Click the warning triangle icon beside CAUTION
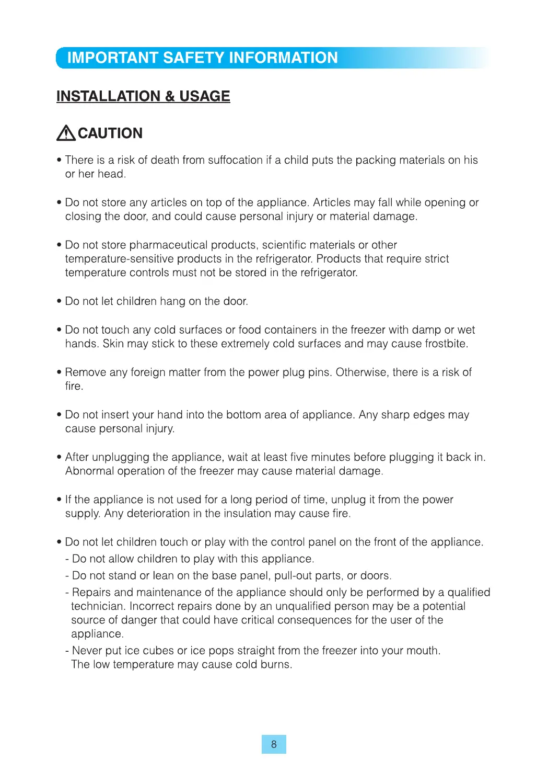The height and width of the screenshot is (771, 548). click(66, 133)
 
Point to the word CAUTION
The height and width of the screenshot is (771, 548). click(110, 133)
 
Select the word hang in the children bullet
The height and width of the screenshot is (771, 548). click(172, 302)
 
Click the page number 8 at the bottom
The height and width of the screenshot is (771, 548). click(274, 744)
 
